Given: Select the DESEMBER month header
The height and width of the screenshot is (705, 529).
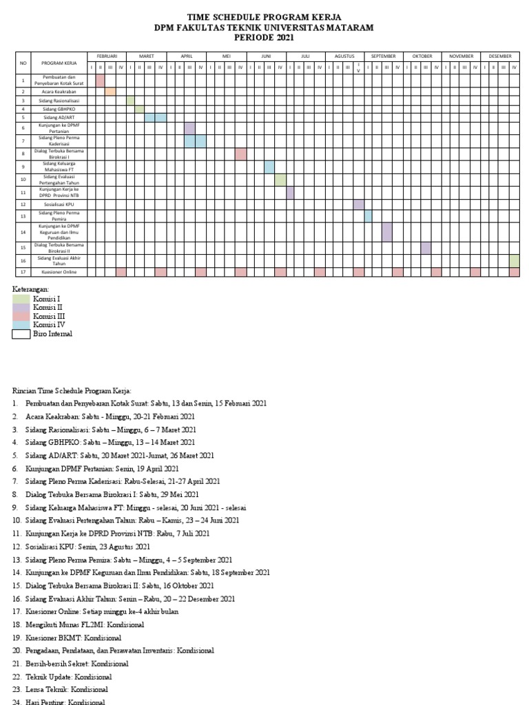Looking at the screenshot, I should point(500,55).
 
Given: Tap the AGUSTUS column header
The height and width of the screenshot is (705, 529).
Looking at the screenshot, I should point(344,55).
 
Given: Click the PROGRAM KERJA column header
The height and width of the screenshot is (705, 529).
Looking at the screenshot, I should point(58,62).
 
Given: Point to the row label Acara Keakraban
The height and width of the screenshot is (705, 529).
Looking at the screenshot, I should point(58,91).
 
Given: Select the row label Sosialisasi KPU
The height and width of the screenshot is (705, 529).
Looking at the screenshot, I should point(58,204).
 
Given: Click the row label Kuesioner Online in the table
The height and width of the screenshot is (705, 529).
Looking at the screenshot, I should point(58,273).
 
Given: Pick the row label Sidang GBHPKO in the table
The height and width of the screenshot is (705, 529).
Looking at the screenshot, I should point(58,109).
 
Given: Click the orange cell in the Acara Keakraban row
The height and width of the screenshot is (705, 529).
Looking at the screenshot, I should point(110,91).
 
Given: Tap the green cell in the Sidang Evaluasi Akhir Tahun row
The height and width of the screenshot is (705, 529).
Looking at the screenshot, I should point(515,260).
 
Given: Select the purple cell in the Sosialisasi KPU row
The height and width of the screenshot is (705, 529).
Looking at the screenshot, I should point(358,204).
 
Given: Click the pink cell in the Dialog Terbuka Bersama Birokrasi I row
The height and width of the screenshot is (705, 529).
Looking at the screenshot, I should point(240,154).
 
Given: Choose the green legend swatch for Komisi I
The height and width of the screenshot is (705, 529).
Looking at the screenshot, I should point(21,299).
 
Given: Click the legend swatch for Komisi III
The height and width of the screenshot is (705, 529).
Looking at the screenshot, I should point(21,316).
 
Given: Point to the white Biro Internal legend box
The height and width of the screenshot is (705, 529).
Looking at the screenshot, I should point(21,334).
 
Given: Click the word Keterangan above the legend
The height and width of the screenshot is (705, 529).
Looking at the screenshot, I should point(31,290).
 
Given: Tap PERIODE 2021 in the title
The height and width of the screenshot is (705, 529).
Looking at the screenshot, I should point(264,37).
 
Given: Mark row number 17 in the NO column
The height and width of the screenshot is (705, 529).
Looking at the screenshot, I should point(23,273).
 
